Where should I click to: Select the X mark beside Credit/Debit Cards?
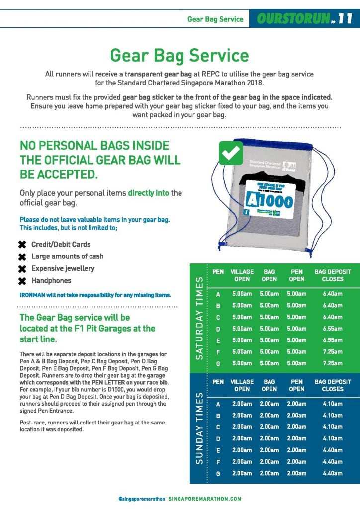tap(22, 245)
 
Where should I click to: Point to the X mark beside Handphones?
tap(22, 281)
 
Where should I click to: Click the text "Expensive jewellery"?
tap(63, 268)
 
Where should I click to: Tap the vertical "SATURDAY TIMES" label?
tap(200, 317)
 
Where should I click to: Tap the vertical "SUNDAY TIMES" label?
tap(200, 427)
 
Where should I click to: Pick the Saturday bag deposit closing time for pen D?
tap(333, 329)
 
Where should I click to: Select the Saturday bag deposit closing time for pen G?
tap(333, 364)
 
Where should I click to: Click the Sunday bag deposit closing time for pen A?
tap(333, 404)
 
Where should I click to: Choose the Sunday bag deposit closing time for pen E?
tap(333, 450)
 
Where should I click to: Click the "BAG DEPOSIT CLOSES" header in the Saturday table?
tap(333, 275)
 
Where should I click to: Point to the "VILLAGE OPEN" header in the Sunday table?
tap(242, 385)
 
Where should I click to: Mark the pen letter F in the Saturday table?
tap(218, 352)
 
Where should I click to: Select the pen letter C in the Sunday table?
tap(218, 427)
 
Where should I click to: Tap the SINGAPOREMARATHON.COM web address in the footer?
tap(204, 498)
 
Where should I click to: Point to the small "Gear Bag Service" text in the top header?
tap(215, 19)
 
